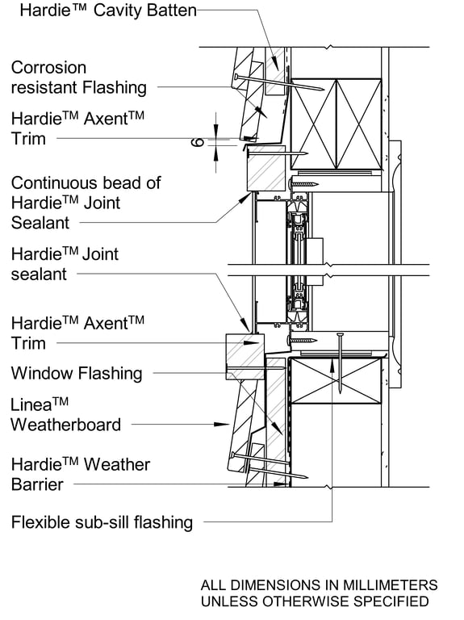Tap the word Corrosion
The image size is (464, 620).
(48, 68)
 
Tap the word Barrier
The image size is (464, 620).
(36, 484)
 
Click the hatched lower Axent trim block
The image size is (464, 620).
(245, 356)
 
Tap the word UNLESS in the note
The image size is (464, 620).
(230, 601)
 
